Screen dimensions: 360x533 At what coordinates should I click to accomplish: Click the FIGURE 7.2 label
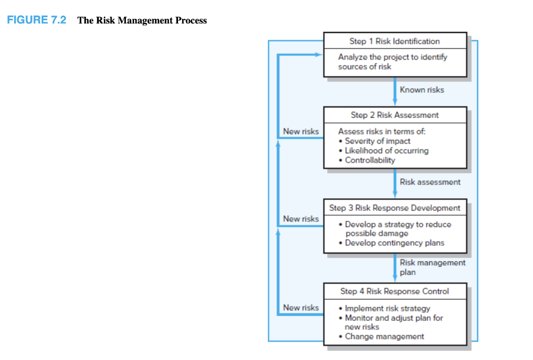click(x=36, y=20)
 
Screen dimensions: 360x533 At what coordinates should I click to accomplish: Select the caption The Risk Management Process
click(x=142, y=21)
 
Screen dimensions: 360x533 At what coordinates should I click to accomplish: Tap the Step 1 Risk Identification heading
click(x=395, y=41)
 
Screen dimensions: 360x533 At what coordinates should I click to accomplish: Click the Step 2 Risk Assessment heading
click(x=395, y=115)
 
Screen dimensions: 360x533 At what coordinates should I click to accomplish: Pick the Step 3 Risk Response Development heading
click(x=395, y=208)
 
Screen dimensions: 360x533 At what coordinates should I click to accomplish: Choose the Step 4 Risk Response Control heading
click(x=395, y=291)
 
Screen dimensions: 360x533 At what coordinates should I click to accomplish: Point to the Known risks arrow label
click(x=422, y=90)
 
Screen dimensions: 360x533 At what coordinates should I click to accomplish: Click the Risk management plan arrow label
click(x=432, y=267)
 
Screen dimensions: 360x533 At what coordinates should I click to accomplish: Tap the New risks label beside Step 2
click(x=301, y=131)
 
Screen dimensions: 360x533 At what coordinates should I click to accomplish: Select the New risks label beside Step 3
click(x=301, y=219)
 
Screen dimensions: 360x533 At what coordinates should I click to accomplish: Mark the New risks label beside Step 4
click(x=301, y=307)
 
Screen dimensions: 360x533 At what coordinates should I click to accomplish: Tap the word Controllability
click(x=370, y=160)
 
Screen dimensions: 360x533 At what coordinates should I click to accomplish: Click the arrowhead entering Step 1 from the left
click(x=319, y=54)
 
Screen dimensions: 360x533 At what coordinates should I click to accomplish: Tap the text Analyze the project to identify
click(x=392, y=57)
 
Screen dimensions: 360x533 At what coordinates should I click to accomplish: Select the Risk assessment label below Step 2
click(x=430, y=182)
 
